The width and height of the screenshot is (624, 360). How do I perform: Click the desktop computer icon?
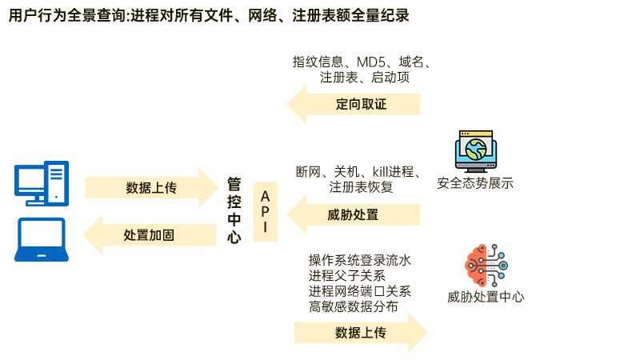click(42, 183)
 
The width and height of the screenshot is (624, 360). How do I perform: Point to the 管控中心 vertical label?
click(234, 210)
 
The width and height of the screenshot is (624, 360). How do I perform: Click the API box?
click(266, 212)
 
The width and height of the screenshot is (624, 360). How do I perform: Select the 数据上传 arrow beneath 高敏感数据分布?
click(360, 332)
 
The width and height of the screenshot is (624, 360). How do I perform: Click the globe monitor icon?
click(475, 151)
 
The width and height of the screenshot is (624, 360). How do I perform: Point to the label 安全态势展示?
click(475, 183)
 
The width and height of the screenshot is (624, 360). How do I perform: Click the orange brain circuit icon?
click(486, 264)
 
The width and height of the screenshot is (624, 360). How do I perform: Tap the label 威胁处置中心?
click(486, 297)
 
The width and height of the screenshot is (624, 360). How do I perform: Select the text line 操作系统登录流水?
click(359, 260)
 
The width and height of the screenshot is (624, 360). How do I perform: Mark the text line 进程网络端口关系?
click(359, 290)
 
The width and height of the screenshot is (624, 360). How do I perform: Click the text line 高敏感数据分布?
click(353, 306)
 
